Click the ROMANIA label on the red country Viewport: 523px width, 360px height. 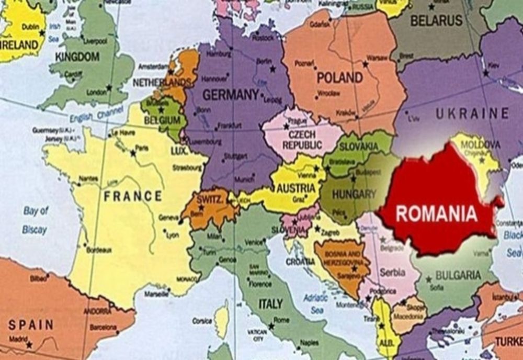pos(436,213)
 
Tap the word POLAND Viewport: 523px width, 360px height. pos(339,78)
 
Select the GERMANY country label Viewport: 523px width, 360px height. pos(231,95)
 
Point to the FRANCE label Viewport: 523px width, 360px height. pos(133,196)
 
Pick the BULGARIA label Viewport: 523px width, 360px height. pos(458,275)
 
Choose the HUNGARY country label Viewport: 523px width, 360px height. pos(354,194)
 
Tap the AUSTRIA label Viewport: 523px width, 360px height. pos(296,188)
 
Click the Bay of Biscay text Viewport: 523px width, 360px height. pos(35,220)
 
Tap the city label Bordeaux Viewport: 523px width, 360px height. pos(99,250)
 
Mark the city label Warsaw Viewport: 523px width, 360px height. pos(377,57)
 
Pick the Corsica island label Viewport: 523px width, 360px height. pos(202,320)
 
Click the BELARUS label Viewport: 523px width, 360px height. pos(436,20)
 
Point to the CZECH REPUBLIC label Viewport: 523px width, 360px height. pos(302,139)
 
